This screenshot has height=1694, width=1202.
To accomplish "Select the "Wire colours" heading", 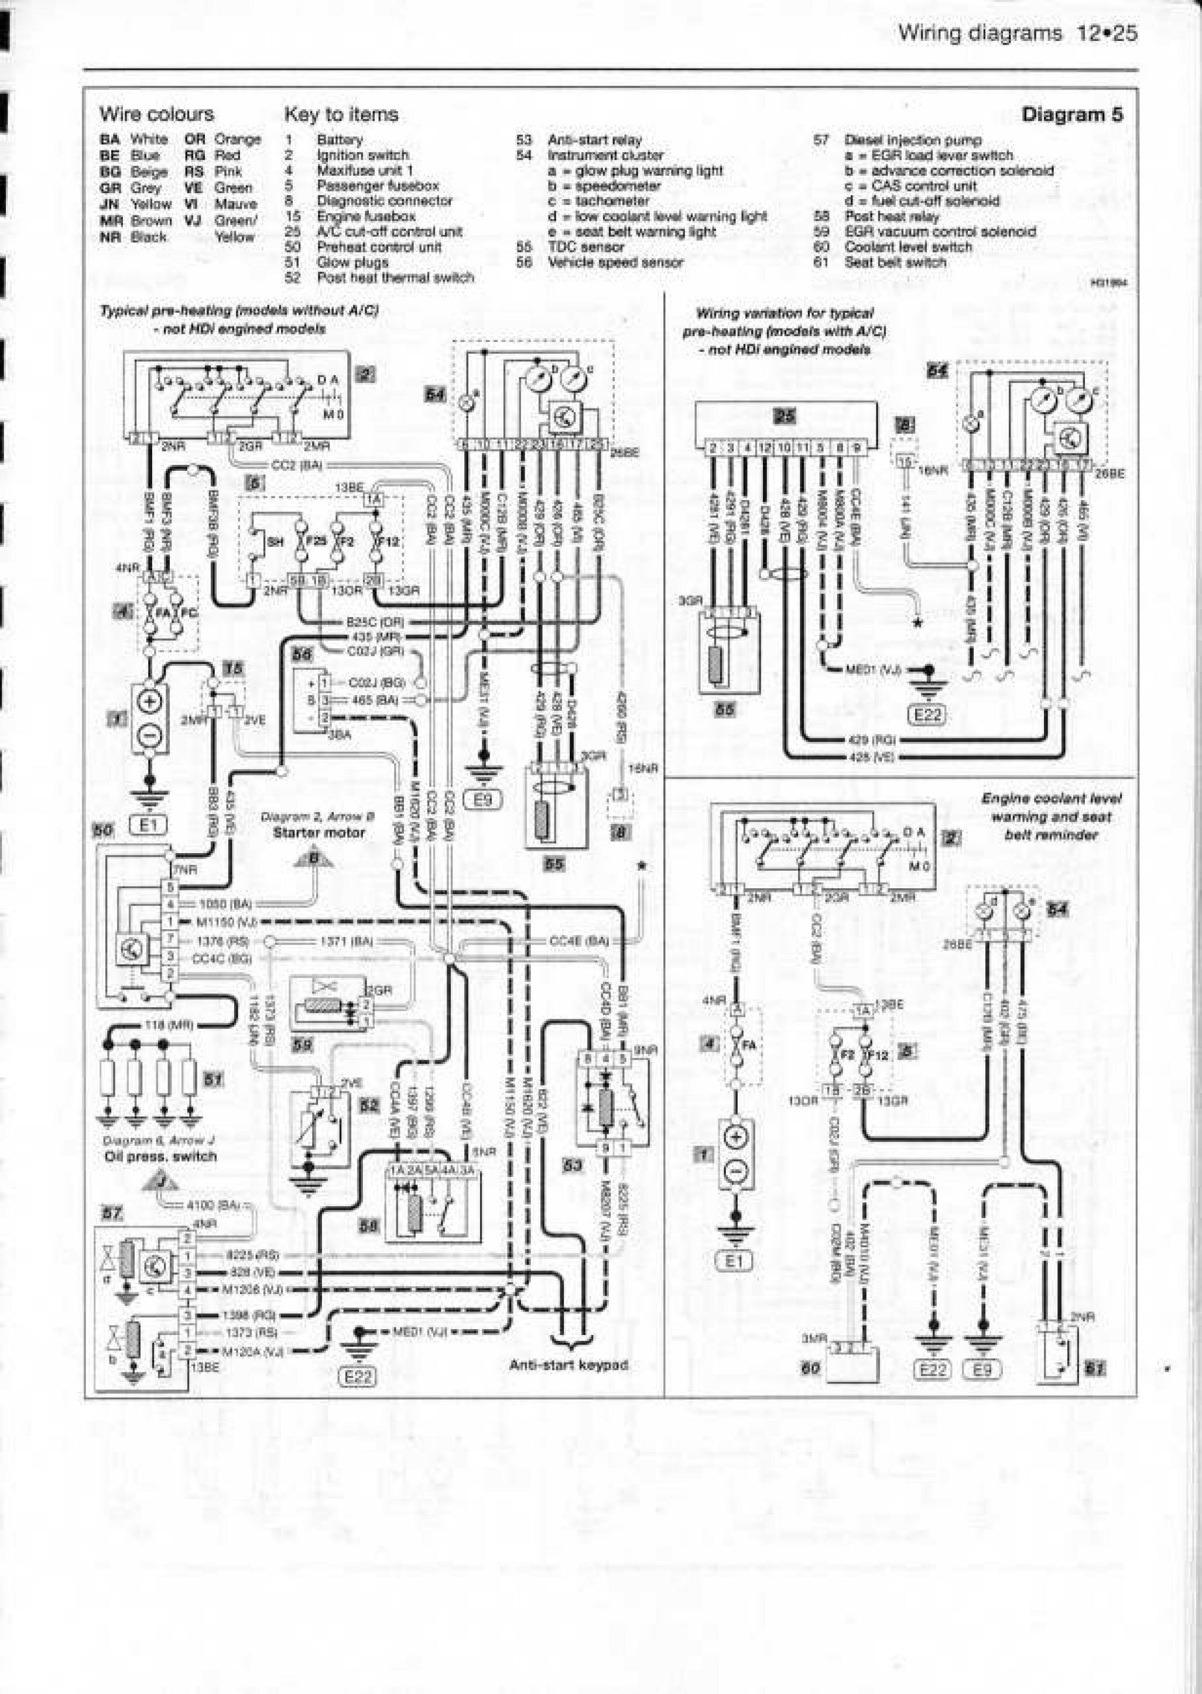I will [156, 114].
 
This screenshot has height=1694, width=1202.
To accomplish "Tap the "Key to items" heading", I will [341, 114].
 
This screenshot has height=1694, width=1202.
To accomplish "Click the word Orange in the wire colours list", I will [237, 139].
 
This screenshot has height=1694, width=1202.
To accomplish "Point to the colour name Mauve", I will [235, 204].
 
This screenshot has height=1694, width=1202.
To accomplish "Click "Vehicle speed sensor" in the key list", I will [615, 262].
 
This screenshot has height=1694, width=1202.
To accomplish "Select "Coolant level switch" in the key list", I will [908, 247].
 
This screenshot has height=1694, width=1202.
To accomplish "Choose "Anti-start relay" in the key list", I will [594, 140].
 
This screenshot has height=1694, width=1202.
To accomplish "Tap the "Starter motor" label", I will [319, 833].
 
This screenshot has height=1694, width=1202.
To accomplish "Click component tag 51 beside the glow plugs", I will [213, 1080].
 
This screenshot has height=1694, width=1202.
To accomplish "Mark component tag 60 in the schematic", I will [811, 1368].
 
